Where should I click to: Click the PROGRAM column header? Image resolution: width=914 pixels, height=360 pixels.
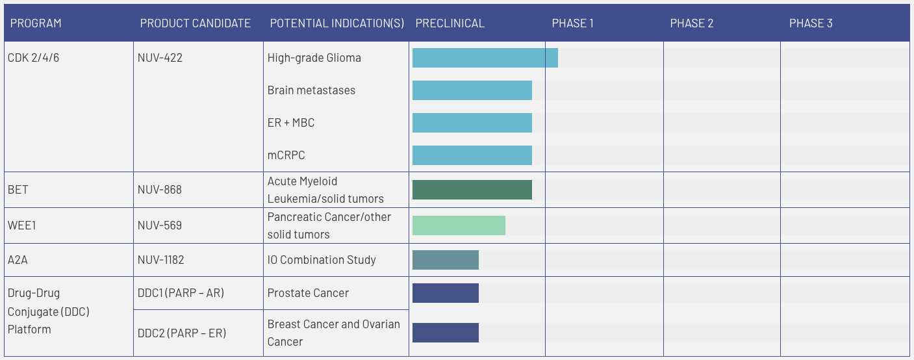pos(36,23)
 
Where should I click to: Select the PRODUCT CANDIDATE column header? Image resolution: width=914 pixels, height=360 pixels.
pos(195,23)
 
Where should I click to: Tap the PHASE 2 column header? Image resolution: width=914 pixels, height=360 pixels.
pos(691,23)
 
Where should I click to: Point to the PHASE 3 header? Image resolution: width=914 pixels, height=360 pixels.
pos(810,23)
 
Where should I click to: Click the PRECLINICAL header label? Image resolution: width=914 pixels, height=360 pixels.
pos(450,23)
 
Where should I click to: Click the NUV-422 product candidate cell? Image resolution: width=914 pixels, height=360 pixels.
pos(160,58)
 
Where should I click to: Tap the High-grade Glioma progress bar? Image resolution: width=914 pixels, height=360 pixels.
pos(485,58)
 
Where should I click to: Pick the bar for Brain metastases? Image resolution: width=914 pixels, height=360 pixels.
pos(472,90)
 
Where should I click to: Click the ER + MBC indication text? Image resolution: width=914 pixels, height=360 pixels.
pos(290,123)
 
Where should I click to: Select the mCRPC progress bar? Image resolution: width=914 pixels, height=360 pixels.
pos(472,155)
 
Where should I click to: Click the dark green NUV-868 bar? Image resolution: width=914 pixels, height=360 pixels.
pos(472,190)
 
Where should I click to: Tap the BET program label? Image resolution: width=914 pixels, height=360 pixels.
pos(18,190)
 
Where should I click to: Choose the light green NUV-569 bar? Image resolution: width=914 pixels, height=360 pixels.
pos(459,225)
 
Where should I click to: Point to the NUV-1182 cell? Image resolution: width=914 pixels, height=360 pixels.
pos(160,260)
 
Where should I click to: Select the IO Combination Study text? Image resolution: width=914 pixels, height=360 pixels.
pos(322,260)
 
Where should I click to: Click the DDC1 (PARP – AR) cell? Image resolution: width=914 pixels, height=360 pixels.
pos(181,293)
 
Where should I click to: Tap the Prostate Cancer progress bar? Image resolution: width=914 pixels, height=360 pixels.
pos(445,293)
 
